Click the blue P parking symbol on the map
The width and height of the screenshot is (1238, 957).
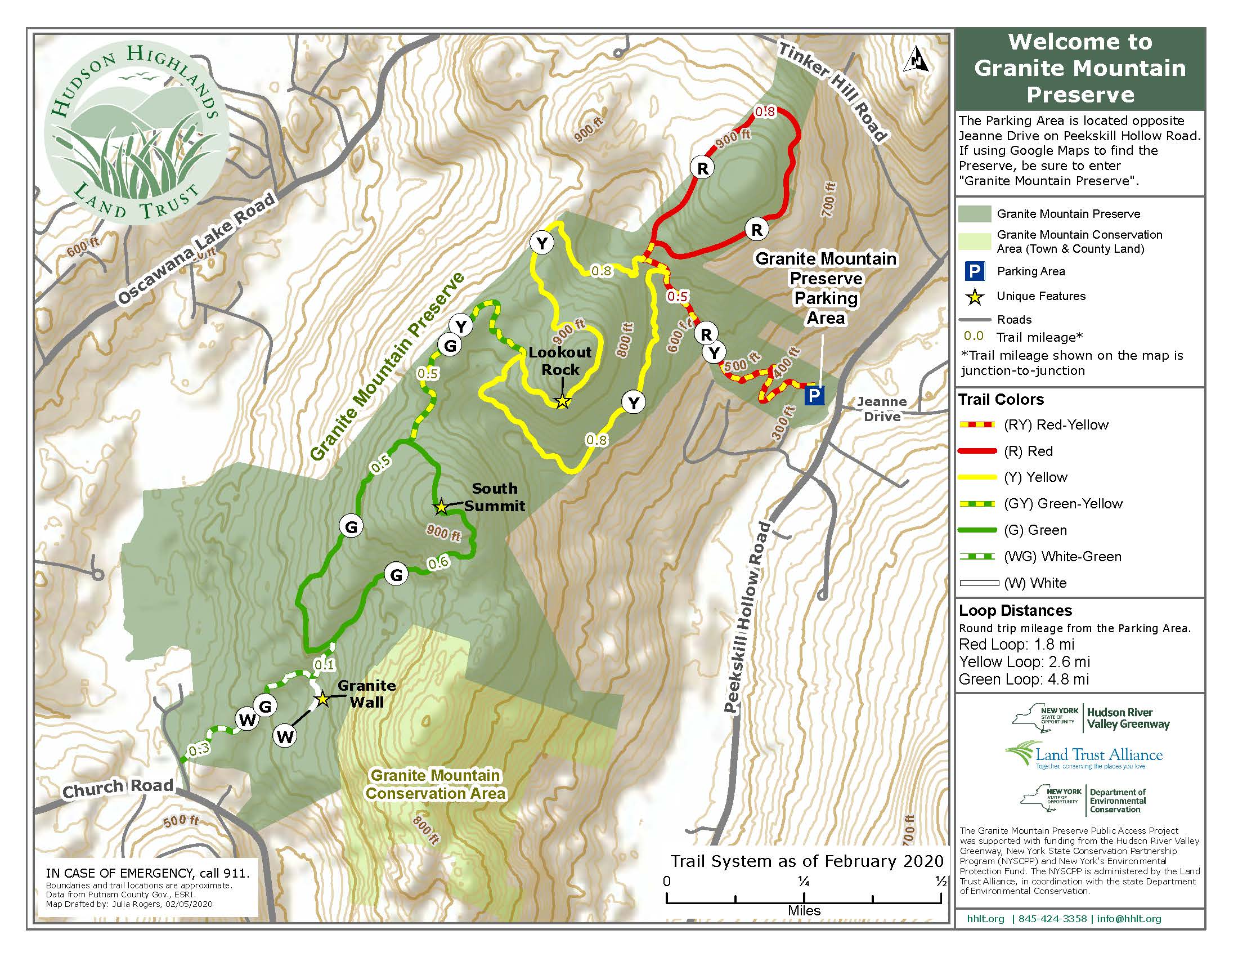click(x=814, y=395)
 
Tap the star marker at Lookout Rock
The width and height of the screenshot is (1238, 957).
click(x=562, y=401)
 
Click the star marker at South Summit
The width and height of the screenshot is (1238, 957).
click(x=441, y=506)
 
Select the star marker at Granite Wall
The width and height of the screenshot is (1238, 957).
click(x=322, y=699)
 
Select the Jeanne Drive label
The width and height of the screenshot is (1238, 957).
click(x=881, y=409)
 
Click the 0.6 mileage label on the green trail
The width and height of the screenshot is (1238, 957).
click(x=438, y=563)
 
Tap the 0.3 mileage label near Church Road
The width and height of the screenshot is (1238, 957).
click(x=199, y=750)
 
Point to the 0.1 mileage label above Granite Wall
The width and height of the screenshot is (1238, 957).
click(x=324, y=664)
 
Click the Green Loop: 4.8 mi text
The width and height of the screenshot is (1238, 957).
click(x=1024, y=679)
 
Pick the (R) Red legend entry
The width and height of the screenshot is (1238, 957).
click(x=1028, y=451)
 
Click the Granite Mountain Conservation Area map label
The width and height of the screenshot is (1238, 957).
click(x=436, y=784)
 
